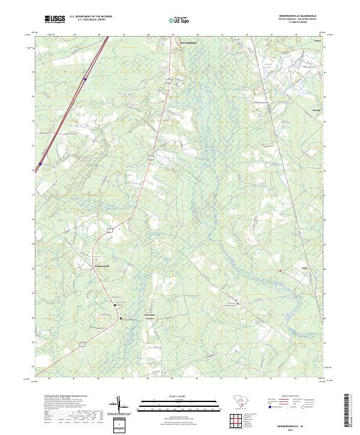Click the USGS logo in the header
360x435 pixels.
point(55,19)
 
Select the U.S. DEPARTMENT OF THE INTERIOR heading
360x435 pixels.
point(91,16)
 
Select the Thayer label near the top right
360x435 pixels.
point(317,41)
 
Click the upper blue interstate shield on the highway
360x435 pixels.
point(86,79)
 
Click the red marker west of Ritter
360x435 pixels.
point(280,271)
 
